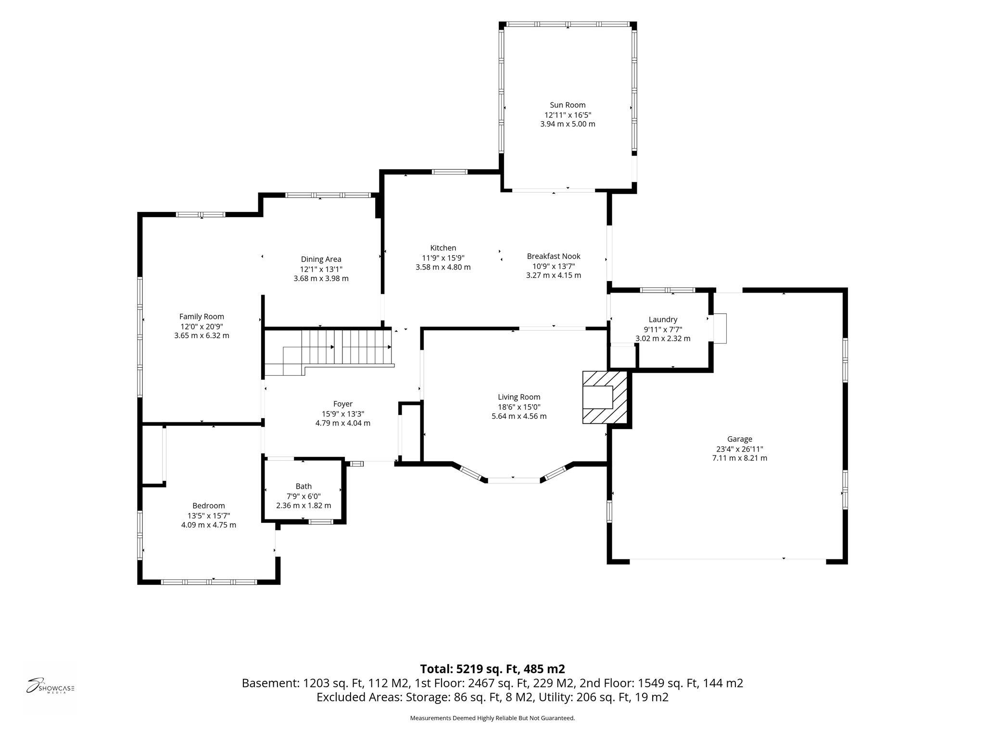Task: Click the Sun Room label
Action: [568, 105]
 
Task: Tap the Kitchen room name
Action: [443, 248]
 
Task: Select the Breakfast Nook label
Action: [554, 256]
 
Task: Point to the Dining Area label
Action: [321, 259]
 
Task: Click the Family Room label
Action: [202, 317]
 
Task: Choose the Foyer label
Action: [343, 404]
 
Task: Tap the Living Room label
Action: [519, 397]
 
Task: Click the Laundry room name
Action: [663, 320]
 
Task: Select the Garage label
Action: [740, 439]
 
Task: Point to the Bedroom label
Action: [209, 506]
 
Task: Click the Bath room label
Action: [303, 486]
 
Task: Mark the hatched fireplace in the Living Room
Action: [605, 397]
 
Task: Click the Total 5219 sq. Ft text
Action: [492, 669]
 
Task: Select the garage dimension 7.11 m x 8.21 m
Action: [740, 458]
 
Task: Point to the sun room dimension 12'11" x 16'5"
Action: [568, 115]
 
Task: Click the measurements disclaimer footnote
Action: [492, 718]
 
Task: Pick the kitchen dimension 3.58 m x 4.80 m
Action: [443, 267]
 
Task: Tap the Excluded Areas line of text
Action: [492, 697]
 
